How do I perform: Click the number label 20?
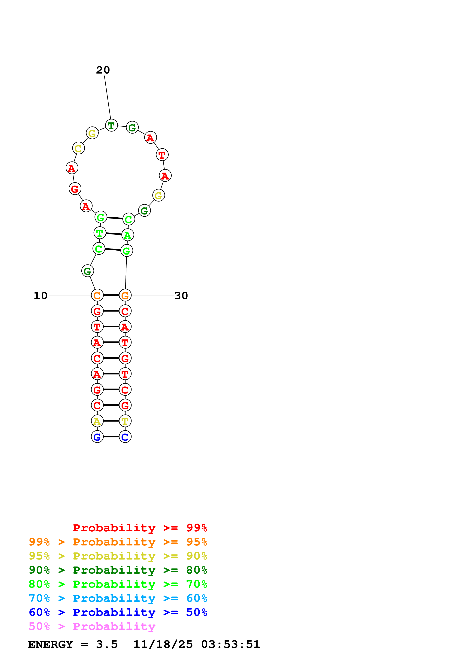pos(103,70)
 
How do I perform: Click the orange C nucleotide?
pos(97,295)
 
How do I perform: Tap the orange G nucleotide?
pos(125,295)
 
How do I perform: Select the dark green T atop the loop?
pos(111,125)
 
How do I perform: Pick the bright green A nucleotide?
pos(128,235)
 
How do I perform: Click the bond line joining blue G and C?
pos(111,437)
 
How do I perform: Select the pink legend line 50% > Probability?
pos(92,626)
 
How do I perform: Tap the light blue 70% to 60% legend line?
pos(118,598)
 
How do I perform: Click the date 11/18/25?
pos(163,644)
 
